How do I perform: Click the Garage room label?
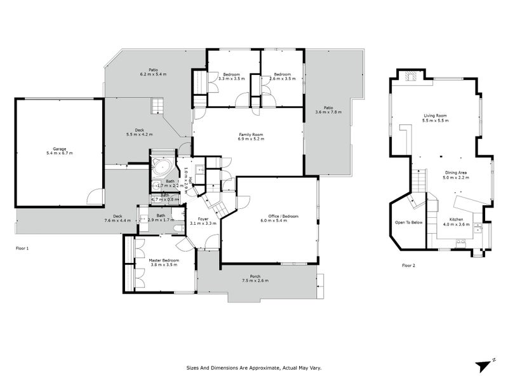[60, 151]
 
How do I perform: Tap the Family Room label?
[251, 137]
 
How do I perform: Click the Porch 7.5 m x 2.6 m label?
[255, 279]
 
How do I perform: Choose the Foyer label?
[204, 221]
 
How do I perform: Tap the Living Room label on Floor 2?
[436, 117]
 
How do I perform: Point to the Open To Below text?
[409, 223]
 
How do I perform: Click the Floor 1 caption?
[22, 248]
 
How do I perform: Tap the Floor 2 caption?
[408, 265]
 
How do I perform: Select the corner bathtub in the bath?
[161, 170]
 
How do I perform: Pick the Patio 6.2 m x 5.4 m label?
[153, 72]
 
